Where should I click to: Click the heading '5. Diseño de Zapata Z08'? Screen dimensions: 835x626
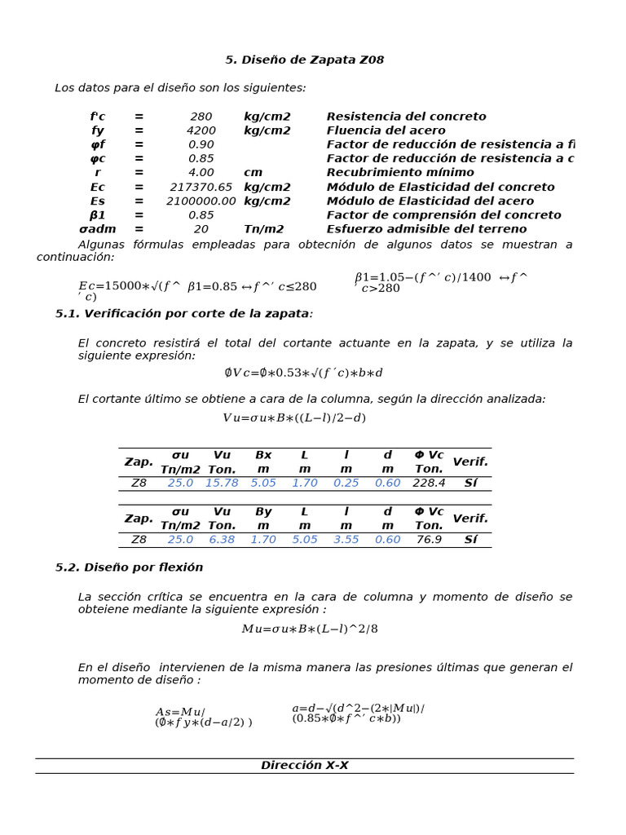304,60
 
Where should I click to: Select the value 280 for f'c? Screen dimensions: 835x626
201,117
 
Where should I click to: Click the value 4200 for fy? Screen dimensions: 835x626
201,130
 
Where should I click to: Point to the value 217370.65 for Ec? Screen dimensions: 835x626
201,187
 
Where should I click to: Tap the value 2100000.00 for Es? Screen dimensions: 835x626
201,201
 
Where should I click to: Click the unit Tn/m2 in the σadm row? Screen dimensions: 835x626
263,229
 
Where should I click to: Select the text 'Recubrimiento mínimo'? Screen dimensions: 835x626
400,172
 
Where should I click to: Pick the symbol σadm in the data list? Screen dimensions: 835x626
98,229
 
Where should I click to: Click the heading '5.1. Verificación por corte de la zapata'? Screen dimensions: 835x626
183,313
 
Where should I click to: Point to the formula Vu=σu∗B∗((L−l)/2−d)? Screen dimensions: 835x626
294,417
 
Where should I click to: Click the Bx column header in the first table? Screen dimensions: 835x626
263,455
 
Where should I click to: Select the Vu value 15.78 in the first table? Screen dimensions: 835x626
222,483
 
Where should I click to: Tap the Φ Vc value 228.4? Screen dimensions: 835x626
429,483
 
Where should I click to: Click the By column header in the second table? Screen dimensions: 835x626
263,511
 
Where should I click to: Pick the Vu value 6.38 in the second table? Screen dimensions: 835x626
222,539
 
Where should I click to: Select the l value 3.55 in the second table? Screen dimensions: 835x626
346,539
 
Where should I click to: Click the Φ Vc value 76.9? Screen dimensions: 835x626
429,539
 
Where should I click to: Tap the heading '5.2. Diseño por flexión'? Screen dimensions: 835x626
129,567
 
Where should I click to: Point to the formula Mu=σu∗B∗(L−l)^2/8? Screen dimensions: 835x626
310,629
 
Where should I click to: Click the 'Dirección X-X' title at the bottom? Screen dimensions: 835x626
304,765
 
